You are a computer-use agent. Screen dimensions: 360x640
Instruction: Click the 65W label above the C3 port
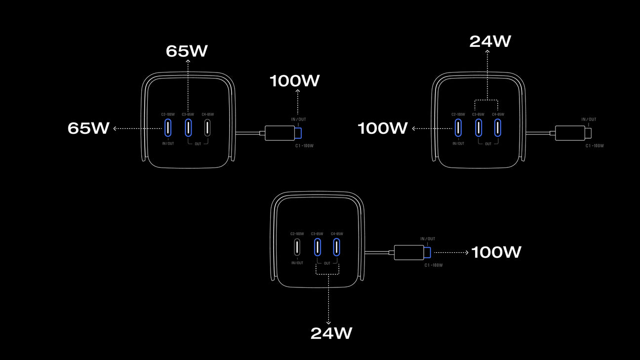(187, 51)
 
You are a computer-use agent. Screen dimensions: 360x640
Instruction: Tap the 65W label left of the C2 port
(88, 128)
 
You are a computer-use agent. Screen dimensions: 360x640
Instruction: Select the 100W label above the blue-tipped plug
(294, 81)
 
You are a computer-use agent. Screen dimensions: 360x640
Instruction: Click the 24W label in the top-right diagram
(490, 41)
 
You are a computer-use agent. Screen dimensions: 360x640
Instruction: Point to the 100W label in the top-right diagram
(382, 128)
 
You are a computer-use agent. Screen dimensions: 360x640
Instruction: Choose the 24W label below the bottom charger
(331, 333)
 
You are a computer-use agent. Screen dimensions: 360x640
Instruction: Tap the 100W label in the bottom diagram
(496, 252)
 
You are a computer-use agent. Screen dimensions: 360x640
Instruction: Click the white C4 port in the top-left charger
(207, 127)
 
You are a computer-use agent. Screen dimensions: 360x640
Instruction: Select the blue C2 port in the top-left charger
(168, 127)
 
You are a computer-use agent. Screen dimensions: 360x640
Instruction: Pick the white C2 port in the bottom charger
(297, 246)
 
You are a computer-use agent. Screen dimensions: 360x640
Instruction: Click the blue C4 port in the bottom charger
(337, 246)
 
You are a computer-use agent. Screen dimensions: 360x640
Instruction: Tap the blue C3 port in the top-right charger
(479, 127)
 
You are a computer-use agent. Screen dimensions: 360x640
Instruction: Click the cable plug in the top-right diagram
(571, 133)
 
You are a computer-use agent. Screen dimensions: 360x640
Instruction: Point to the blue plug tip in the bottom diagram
(427, 252)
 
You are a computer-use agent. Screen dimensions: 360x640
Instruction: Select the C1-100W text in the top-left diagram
(305, 146)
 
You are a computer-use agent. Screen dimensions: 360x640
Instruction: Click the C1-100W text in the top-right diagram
(595, 146)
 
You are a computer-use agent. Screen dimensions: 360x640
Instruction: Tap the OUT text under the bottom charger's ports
(327, 263)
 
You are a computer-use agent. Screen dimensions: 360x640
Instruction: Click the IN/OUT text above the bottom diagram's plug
(428, 239)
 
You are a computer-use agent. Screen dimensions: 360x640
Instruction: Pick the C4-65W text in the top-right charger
(498, 115)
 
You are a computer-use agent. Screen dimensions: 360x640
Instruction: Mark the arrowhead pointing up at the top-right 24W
(488, 51)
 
